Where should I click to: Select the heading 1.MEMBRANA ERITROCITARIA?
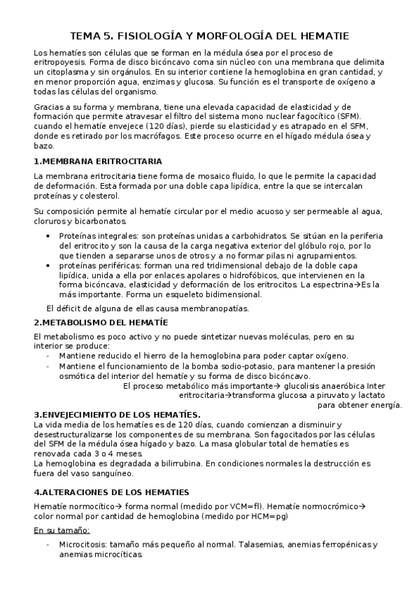[x=98, y=162]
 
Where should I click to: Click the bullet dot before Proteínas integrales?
[x=48, y=236]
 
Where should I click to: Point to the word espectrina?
[x=330, y=285]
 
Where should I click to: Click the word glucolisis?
[x=304, y=385]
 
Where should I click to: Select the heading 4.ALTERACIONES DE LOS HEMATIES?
[x=111, y=492]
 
